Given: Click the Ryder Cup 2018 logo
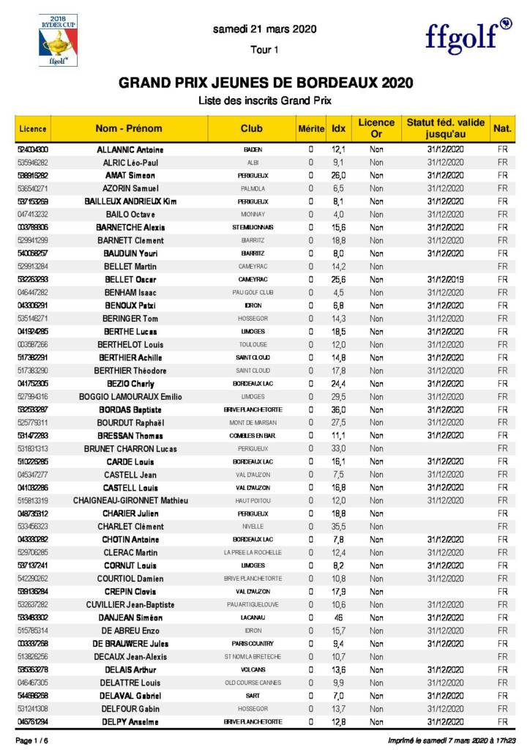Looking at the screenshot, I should (x=53, y=40).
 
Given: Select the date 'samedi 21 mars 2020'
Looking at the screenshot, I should (x=264, y=30).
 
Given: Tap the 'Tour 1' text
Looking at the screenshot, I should (x=264, y=50).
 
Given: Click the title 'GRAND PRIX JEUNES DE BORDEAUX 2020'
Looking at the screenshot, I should (x=266, y=83).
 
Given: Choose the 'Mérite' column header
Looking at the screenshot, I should (x=310, y=128).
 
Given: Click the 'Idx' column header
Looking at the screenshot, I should (x=338, y=128).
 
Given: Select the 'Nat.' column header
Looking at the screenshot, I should (x=502, y=128).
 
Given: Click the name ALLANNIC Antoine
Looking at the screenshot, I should (x=130, y=149).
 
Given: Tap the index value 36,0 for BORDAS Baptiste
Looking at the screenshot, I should (x=338, y=409).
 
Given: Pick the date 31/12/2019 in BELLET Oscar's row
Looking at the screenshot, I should (x=445, y=279).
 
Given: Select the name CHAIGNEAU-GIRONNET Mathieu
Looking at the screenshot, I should (x=130, y=500).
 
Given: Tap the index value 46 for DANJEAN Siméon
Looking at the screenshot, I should (x=338, y=617).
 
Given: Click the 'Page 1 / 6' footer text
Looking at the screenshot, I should (x=32, y=741).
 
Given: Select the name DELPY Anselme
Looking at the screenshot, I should (x=130, y=721).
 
